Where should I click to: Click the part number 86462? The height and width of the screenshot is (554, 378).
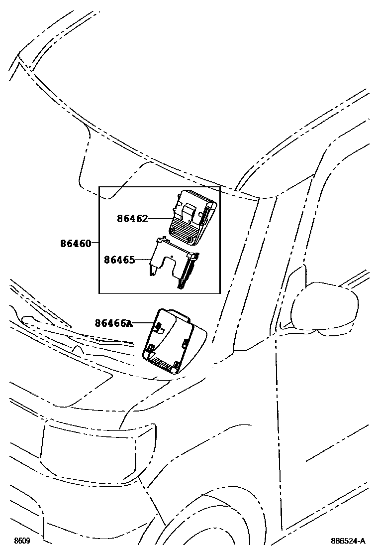pos(132,218)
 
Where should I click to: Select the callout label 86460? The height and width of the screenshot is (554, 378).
pos(76,244)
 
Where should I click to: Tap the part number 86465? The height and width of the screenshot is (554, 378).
pos(119,260)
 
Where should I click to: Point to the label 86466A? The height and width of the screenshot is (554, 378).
pos(113,323)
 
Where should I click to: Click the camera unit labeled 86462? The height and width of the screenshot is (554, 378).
pos(192,214)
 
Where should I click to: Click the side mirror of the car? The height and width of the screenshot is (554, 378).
pos(326,306)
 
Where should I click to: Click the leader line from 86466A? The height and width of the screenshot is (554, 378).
pos(144,323)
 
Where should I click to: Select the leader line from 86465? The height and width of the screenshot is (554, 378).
pos(143,260)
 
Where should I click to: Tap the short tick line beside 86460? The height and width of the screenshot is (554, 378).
pos(95,243)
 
